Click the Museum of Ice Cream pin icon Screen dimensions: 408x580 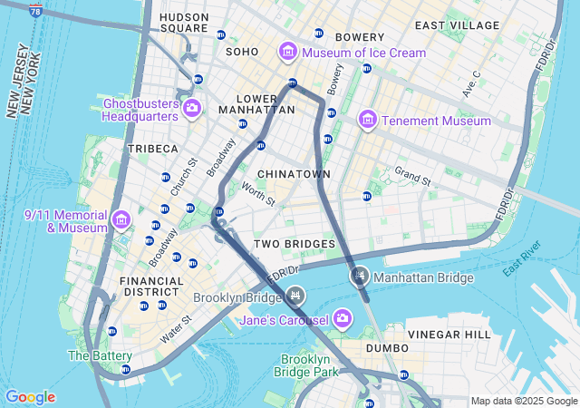(288, 53)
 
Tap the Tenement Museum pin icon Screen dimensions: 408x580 (367, 120)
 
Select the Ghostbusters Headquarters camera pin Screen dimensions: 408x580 (191, 109)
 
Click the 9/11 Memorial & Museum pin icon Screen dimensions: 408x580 (120, 219)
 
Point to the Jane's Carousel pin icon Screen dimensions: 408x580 (343, 317)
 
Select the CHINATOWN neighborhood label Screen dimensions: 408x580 (294, 173)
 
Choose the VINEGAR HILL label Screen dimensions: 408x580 (449, 335)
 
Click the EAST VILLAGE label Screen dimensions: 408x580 (457, 24)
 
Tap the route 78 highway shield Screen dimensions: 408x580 (34, 11)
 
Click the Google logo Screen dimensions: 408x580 (30, 397)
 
